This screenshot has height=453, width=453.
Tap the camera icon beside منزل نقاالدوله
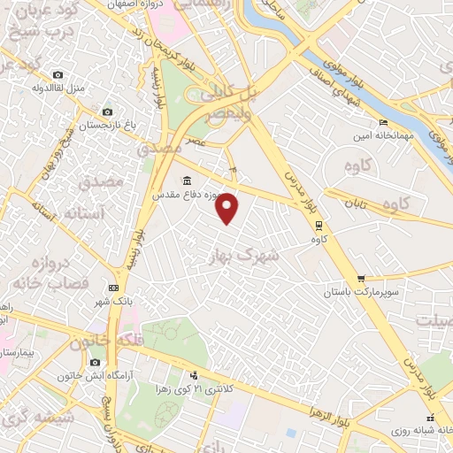[x=58, y=74]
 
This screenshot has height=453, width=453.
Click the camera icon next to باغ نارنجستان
[x=108, y=112]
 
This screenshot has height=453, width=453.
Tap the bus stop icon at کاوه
[x=318, y=225]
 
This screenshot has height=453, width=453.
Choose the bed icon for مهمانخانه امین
[x=382, y=122]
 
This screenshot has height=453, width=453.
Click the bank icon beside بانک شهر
[x=112, y=288]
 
